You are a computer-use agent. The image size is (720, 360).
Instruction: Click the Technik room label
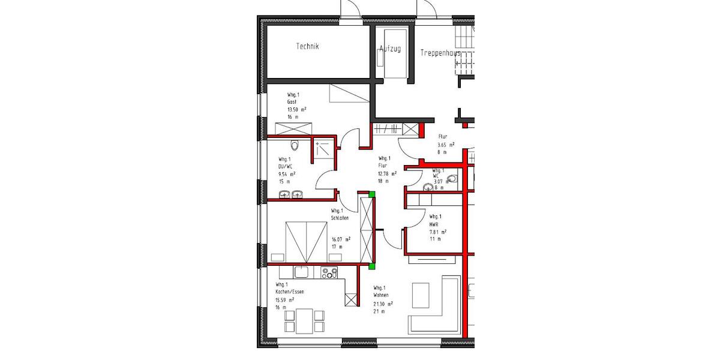(x=307, y=46)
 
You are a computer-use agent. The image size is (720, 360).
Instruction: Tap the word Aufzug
(x=390, y=49)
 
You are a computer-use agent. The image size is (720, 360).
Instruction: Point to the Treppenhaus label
(x=440, y=53)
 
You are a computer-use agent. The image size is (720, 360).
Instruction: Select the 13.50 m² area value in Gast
(x=296, y=110)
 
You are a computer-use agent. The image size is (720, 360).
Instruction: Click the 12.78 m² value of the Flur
(x=387, y=173)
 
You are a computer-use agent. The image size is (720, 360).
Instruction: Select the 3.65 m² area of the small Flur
(x=446, y=145)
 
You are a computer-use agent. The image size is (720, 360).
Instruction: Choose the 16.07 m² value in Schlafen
(x=341, y=239)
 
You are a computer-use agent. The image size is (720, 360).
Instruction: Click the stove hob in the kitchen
(x=329, y=273)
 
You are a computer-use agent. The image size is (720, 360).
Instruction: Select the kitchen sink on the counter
(x=301, y=273)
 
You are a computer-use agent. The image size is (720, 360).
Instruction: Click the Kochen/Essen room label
(x=290, y=292)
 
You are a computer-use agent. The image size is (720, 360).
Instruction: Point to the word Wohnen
(x=381, y=295)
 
